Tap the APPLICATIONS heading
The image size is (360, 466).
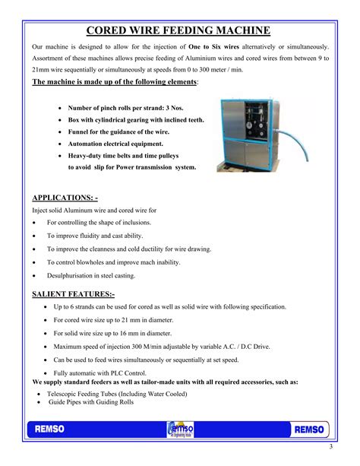(x=65, y=197)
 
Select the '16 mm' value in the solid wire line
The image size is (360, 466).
(x=136, y=334)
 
